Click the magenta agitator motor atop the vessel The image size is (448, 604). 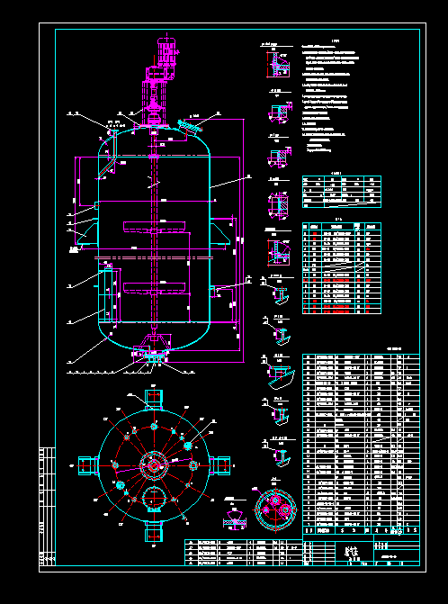click(x=165, y=53)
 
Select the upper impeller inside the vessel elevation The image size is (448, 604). click(x=157, y=228)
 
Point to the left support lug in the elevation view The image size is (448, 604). click(x=85, y=233)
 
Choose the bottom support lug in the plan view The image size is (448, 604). click(x=151, y=532)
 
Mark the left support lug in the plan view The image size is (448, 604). click(x=87, y=464)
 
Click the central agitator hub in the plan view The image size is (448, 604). click(x=153, y=465)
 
